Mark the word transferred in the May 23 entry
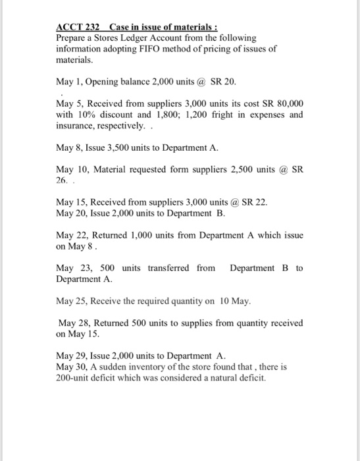click(x=168, y=267)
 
